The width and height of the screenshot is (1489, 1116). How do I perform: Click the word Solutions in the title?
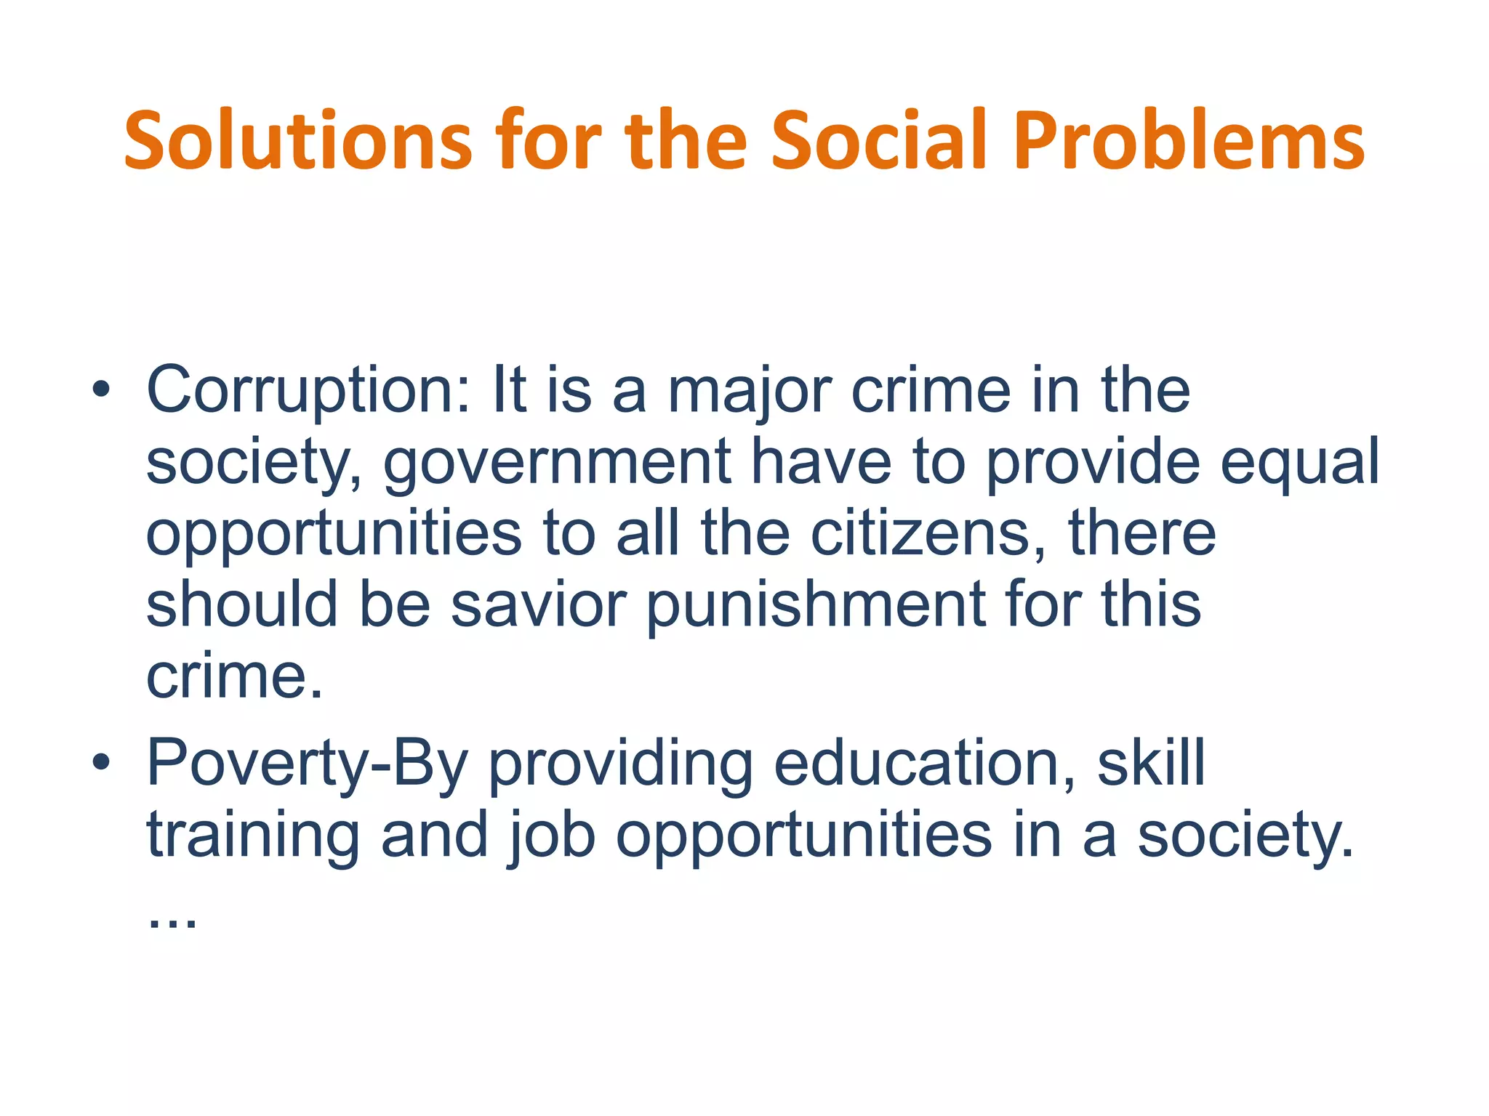298,141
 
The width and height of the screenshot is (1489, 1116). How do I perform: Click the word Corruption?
308,392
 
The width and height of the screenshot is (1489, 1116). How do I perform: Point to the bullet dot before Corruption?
101,392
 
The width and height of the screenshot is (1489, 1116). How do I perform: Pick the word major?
749,392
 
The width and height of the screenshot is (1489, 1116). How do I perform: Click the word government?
557,463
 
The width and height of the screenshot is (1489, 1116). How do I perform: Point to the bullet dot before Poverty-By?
101,763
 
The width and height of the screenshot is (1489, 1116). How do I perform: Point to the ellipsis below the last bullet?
172,923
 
